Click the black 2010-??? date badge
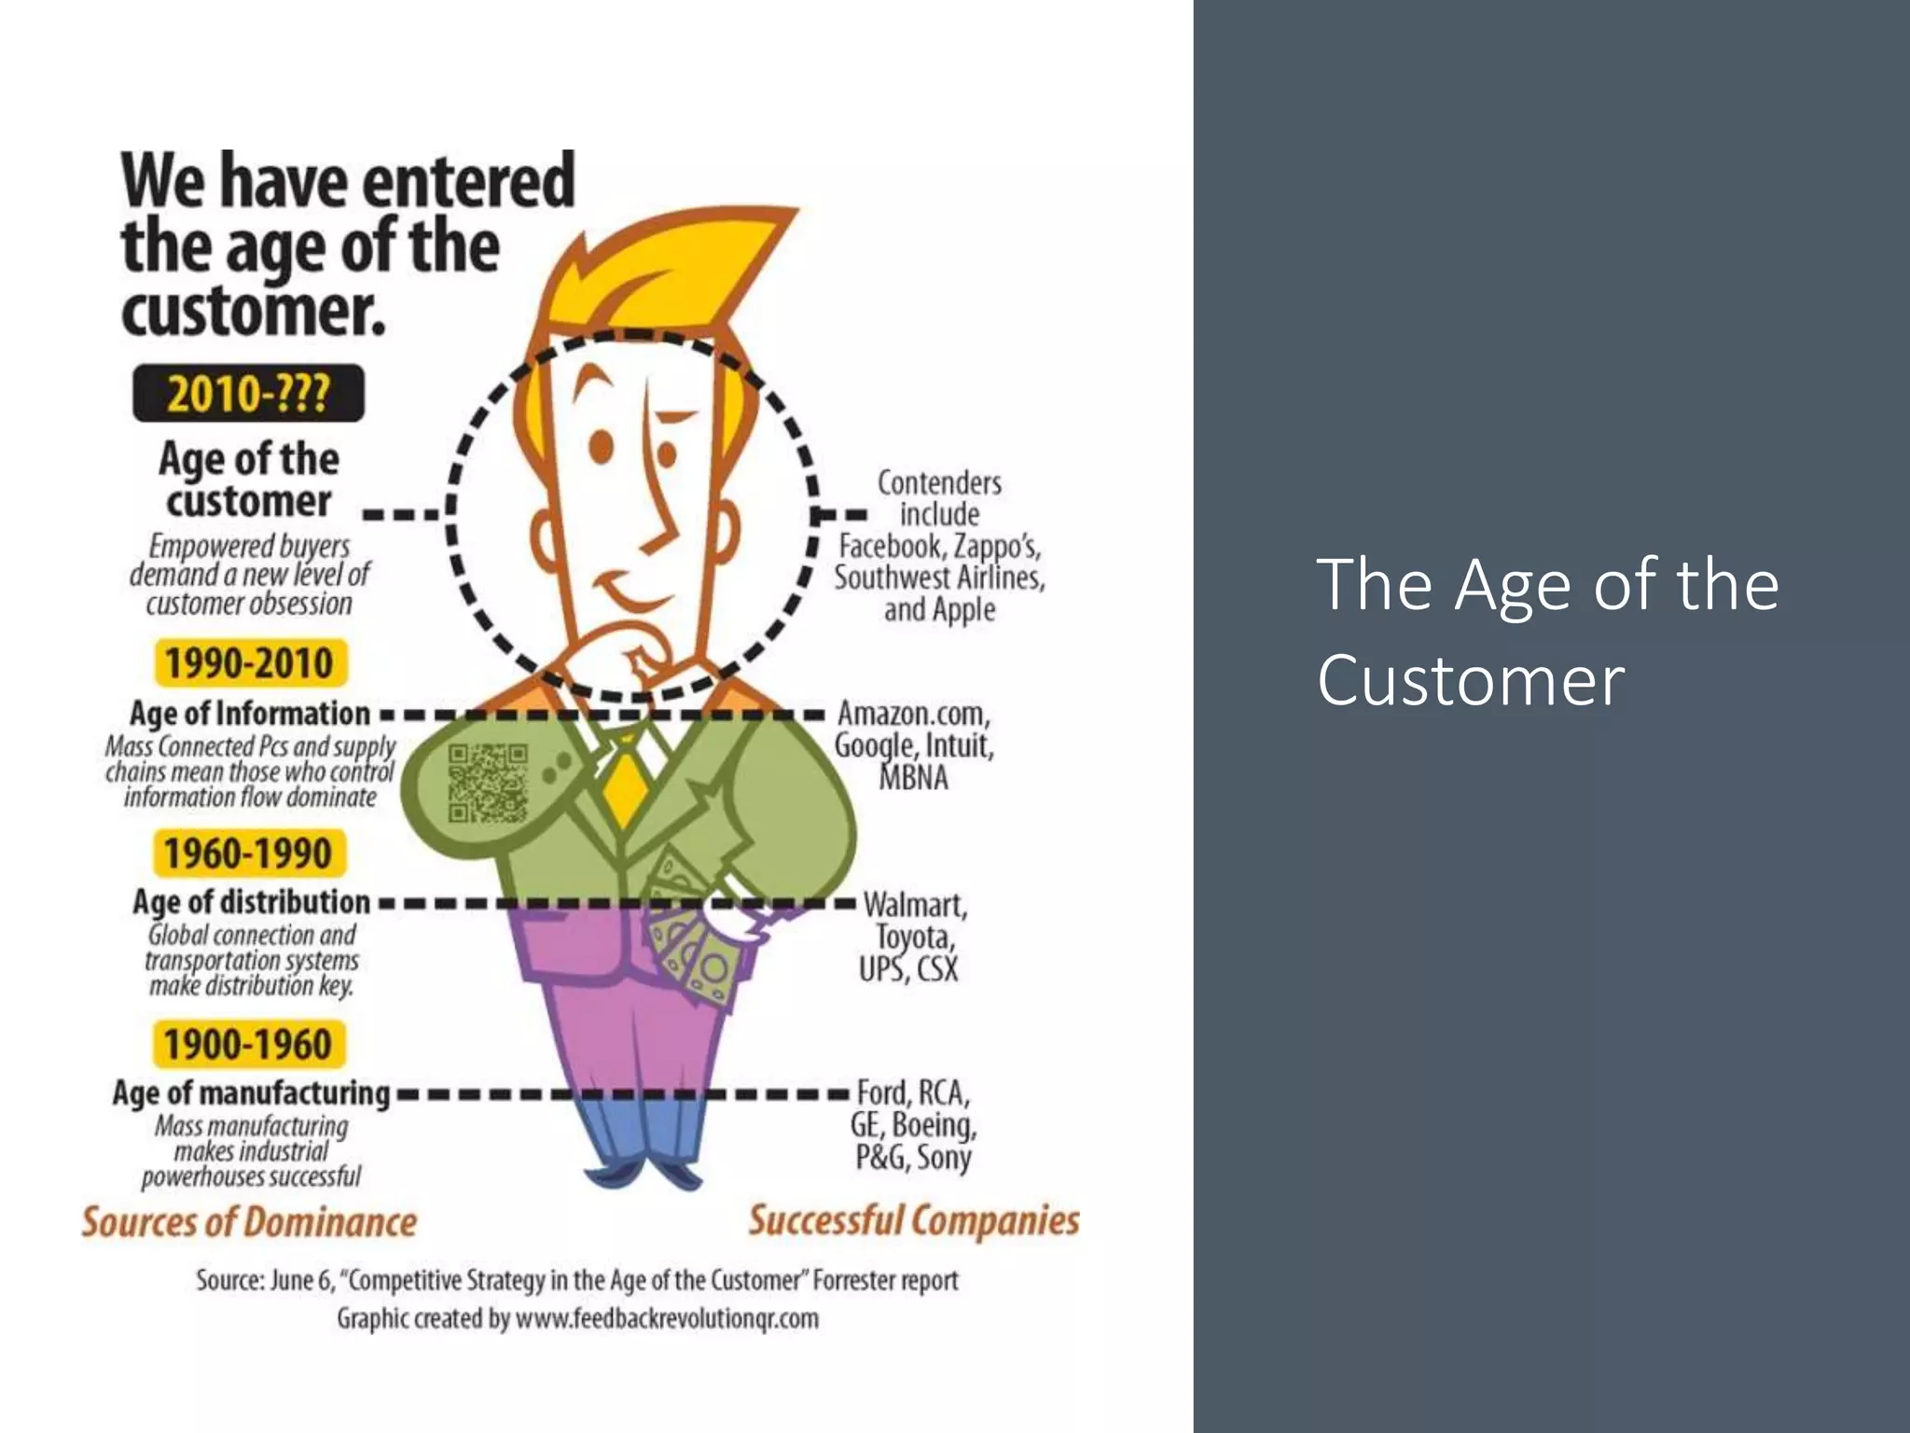(x=248, y=393)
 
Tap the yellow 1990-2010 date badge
(x=249, y=662)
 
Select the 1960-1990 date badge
(x=248, y=854)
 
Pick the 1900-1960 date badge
(x=248, y=1044)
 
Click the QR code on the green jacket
(x=488, y=782)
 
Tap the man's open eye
(x=602, y=447)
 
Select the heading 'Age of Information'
(x=250, y=714)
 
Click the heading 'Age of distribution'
(x=251, y=902)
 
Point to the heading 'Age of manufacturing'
(x=251, y=1092)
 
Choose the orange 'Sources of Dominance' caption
(x=249, y=1221)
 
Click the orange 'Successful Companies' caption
(x=914, y=1219)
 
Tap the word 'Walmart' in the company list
(x=915, y=905)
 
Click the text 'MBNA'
(x=914, y=777)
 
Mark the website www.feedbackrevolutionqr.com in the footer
(x=667, y=1318)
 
